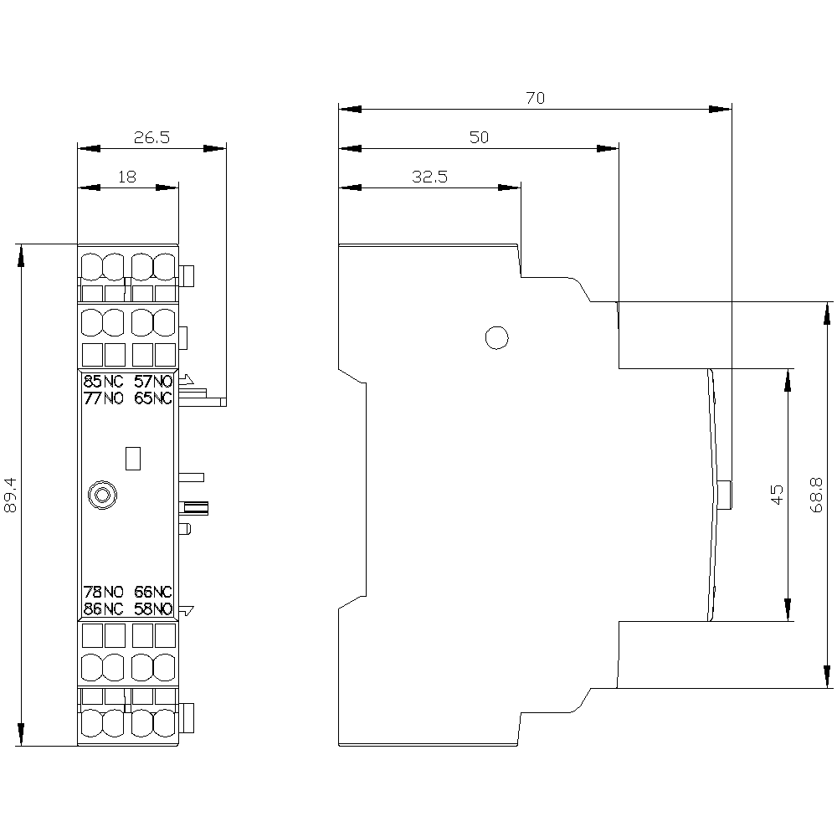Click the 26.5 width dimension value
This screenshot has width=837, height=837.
pyautogui.click(x=151, y=138)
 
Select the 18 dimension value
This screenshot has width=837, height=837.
pyautogui.click(x=127, y=177)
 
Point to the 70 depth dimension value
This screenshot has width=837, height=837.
pyautogui.click(x=535, y=98)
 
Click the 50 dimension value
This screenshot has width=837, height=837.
pyautogui.click(x=478, y=137)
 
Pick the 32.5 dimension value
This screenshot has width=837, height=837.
pyautogui.click(x=430, y=177)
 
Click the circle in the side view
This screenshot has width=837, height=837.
pyautogui.click(x=496, y=337)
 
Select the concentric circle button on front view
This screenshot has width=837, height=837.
pyautogui.click(x=101, y=496)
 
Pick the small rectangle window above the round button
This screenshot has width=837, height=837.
pyautogui.click(x=131, y=458)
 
